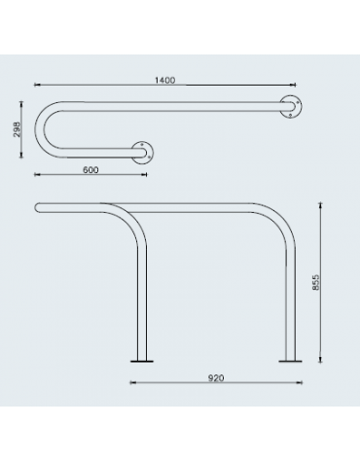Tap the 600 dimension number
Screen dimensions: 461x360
coord(90,169)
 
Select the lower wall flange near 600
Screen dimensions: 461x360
coord(145,151)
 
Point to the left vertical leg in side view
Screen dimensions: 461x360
coord(143,292)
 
